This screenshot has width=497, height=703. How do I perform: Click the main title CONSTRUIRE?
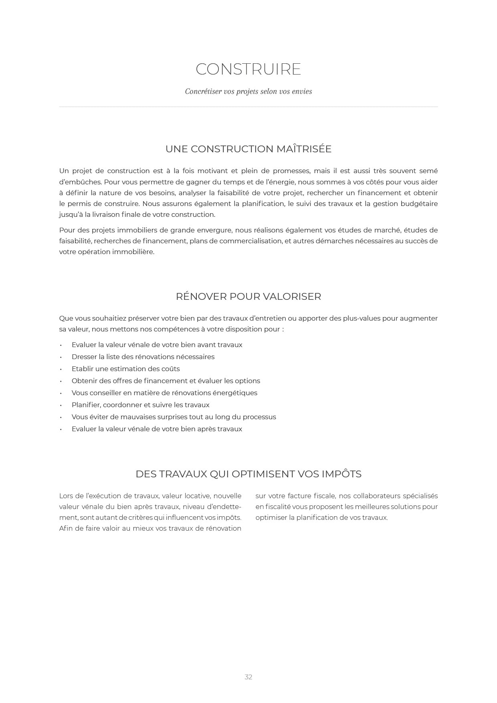coord(248,69)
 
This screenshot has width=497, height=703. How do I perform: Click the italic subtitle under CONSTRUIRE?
coord(248,91)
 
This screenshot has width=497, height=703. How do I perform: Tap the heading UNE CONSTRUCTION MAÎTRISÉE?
coord(248,149)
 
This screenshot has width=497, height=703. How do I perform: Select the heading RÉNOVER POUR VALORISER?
coord(248,297)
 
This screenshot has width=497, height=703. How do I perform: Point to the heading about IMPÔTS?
coord(248,474)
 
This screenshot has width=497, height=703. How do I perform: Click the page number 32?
coord(248,677)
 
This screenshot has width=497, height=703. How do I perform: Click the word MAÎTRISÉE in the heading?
coord(304,149)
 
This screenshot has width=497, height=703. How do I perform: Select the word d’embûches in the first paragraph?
coord(80,182)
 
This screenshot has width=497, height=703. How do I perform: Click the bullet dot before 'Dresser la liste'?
coord(61,357)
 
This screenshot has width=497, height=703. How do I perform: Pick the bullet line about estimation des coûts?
coord(125,369)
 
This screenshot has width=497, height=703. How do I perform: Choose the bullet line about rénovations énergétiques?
coord(164,393)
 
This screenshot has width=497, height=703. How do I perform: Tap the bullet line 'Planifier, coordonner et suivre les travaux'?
coord(140,405)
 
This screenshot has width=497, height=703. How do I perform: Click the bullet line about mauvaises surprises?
coord(174,417)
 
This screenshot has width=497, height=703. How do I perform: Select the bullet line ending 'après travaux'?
coord(157,429)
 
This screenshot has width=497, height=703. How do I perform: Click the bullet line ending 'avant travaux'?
coord(157,345)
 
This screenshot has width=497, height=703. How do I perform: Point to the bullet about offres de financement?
coord(166,381)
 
